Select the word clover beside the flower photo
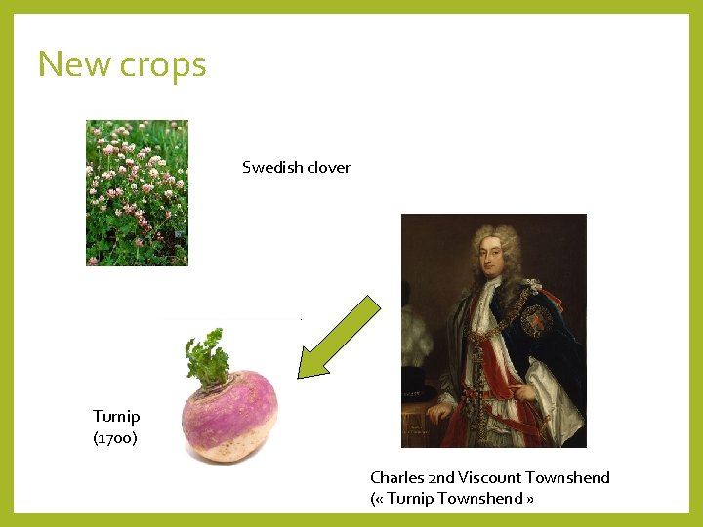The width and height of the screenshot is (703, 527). coord(327,167)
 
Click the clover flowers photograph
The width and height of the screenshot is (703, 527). coord(137,192)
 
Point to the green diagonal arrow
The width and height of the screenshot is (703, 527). coord(338,337)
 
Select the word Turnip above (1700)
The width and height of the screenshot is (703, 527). coord(116,417)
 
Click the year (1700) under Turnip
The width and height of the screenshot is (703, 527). coord(115,438)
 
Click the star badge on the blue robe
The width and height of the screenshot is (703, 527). coord(537,320)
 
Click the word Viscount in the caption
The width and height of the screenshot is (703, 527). coord(489,477)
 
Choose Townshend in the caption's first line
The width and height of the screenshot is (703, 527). coord(567,477)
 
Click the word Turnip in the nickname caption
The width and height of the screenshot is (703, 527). coord(409,499)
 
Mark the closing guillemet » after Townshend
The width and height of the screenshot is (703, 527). coord(530,500)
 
